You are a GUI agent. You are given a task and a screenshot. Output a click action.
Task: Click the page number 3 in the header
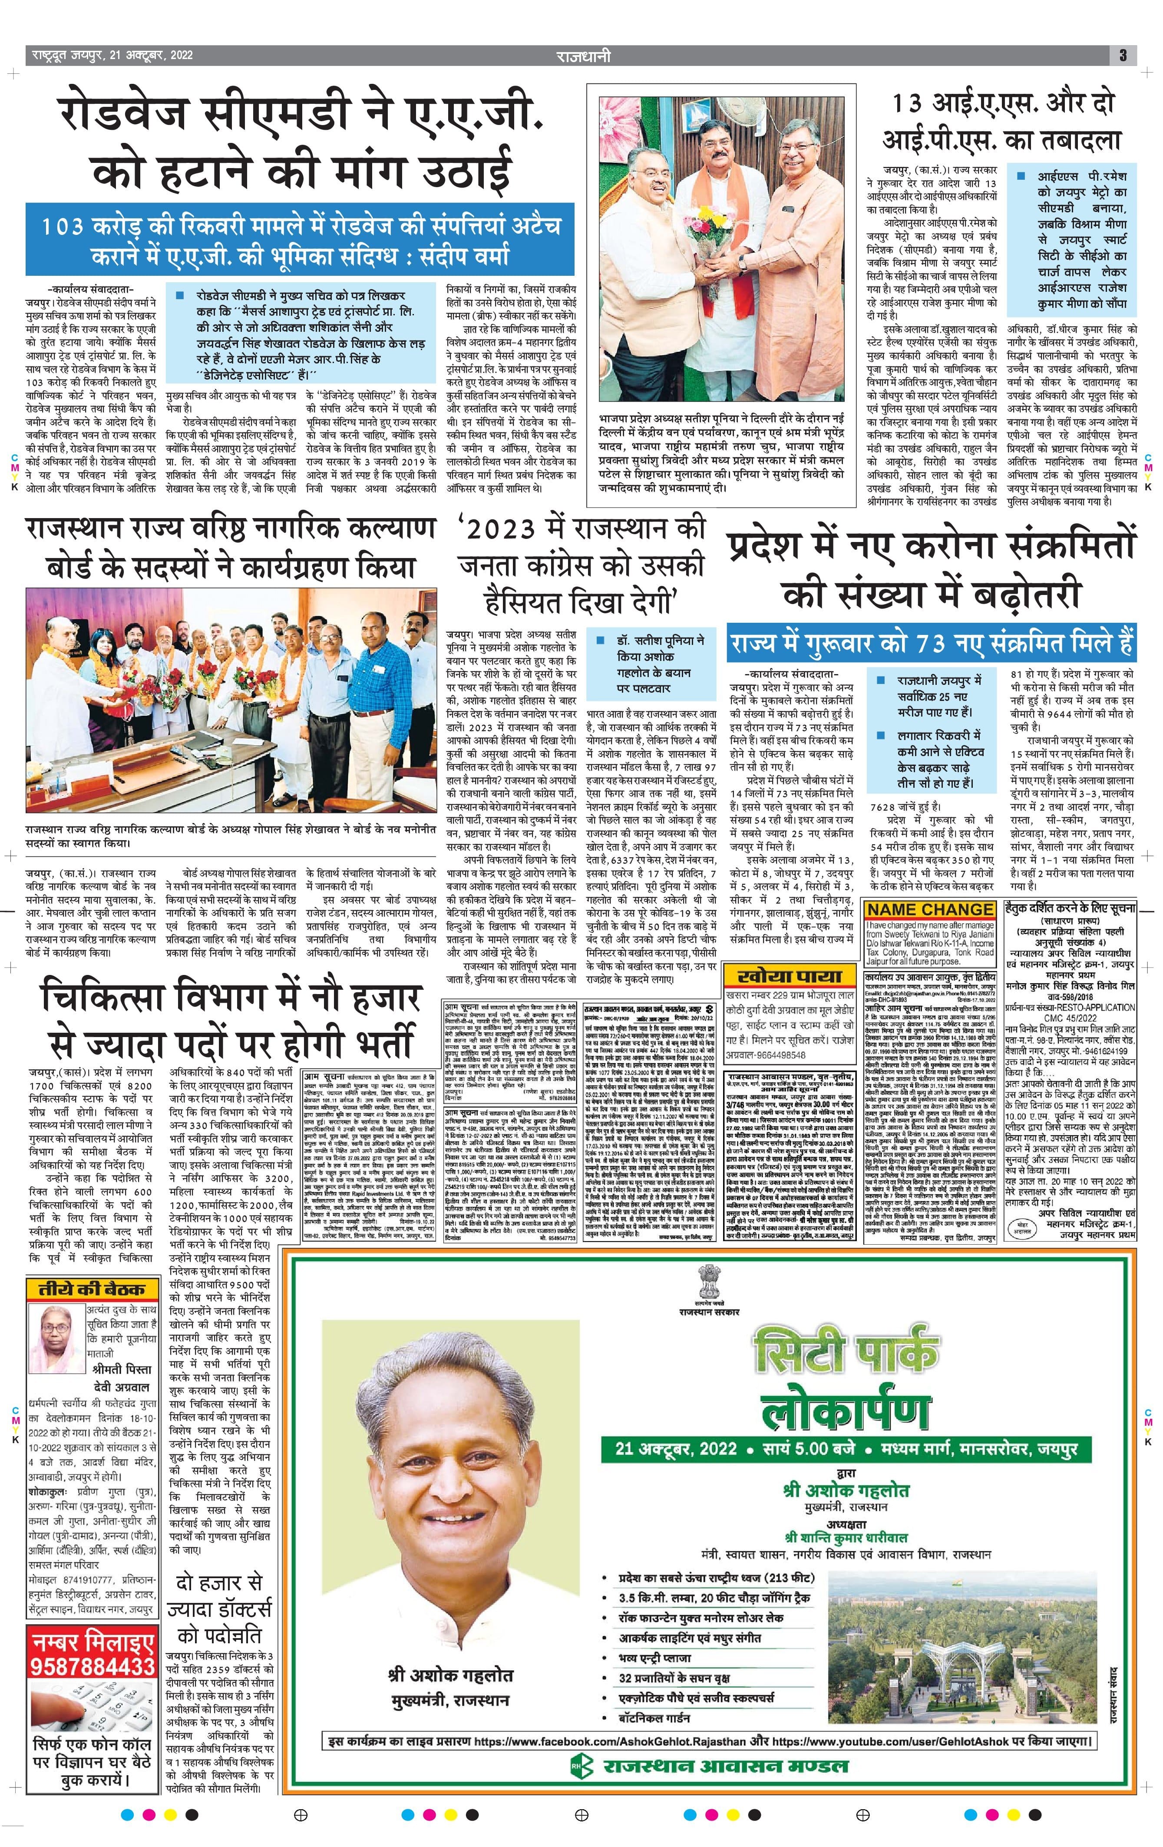point(1122,55)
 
